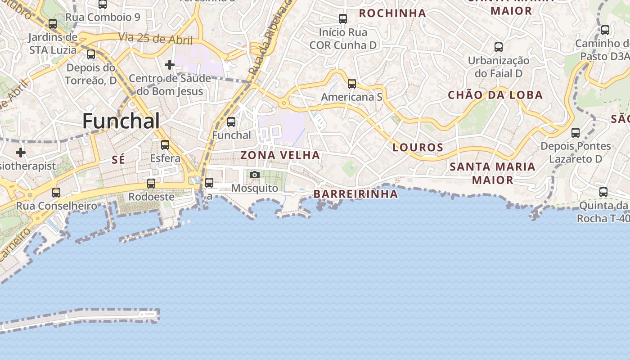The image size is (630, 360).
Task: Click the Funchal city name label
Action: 121,121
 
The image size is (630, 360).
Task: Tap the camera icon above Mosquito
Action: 255,175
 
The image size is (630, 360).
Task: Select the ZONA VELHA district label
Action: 280,155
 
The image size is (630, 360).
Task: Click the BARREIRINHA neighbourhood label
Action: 355,194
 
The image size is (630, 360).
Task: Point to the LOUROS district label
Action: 418,147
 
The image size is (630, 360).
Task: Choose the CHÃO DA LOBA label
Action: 495,95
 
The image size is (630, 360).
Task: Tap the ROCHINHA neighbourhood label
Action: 392,13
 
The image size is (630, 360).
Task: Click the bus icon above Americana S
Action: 352,83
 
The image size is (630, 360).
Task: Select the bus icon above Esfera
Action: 165,145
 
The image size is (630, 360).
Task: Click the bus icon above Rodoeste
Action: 151,184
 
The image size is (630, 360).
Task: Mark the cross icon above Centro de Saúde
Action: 170,65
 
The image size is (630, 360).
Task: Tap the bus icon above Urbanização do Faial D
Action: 499,47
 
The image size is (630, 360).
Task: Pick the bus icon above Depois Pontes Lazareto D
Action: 576,133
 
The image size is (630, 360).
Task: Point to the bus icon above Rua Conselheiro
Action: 56,193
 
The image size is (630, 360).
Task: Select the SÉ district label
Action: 119,160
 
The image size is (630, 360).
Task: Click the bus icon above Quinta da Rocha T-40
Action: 603,192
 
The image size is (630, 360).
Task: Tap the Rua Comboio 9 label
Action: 103,18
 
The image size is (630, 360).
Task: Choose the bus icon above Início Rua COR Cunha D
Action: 343,19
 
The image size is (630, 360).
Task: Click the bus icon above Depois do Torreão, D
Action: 91,54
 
